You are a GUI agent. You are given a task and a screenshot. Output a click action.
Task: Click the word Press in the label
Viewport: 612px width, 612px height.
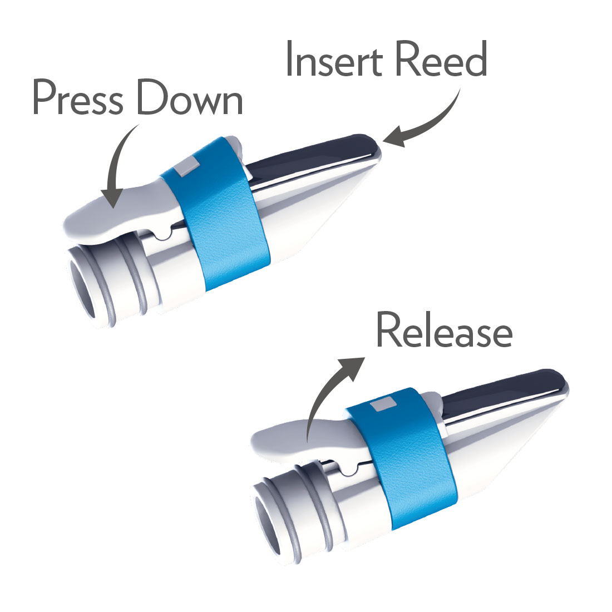point(78,97)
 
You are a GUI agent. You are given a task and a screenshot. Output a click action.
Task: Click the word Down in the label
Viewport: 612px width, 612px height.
point(189,97)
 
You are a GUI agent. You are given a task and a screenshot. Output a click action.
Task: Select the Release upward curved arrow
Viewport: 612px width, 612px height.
point(328,394)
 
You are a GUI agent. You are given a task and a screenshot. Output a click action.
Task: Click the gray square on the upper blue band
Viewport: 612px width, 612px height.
point(186,166)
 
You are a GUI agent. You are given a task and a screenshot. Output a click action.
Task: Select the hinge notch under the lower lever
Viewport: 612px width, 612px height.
point(349,470)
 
